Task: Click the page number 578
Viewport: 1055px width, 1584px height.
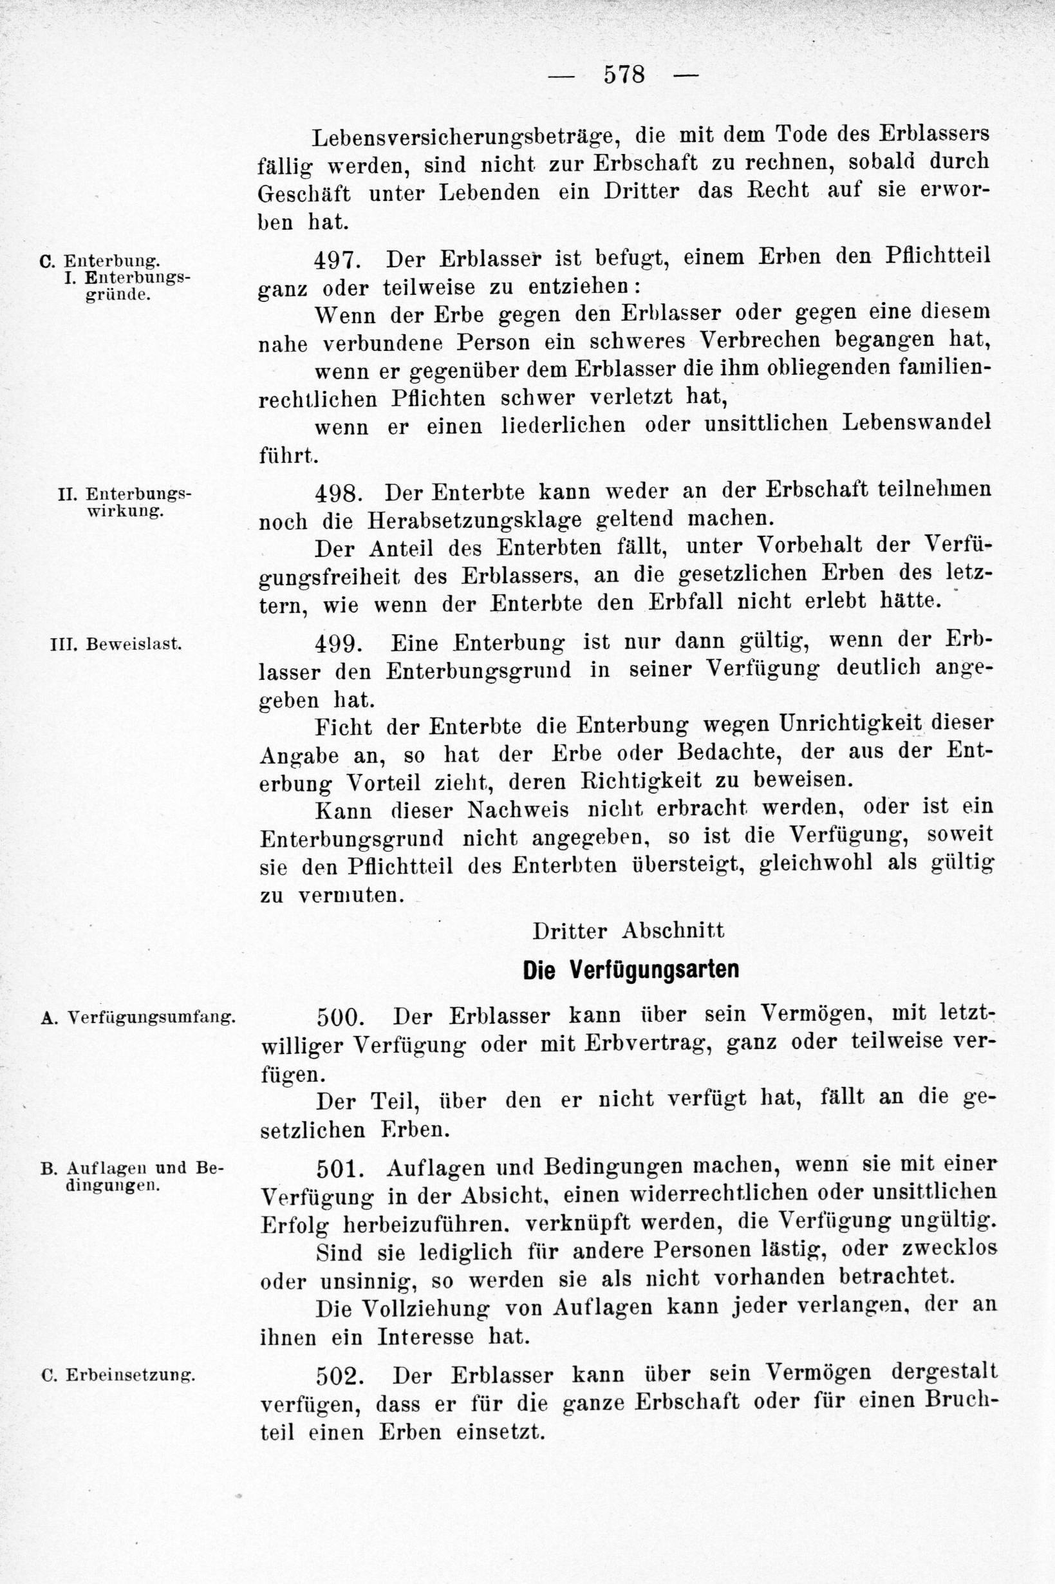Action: pyautogui.click(x=624, y=74)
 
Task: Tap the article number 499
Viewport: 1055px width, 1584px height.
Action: pyautogui.click(x=339, y=643)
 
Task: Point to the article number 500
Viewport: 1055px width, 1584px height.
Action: pyautogui.click(x=341, y=1015)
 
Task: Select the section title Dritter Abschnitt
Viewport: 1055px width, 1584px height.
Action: pyautogui.click(x=628, y=930)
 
